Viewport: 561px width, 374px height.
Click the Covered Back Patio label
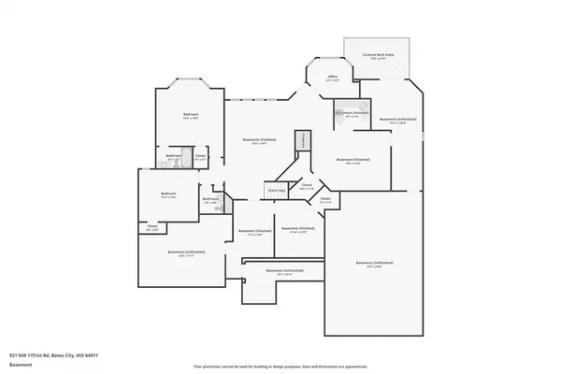point(377,55)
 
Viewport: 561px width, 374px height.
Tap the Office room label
point(332,77)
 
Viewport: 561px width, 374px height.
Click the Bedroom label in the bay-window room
point(190,114)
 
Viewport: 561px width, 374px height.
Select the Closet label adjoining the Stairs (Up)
point(307,186)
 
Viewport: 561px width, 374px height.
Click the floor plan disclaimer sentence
point(280,366)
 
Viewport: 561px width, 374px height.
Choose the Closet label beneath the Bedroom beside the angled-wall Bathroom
point(152,225)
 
